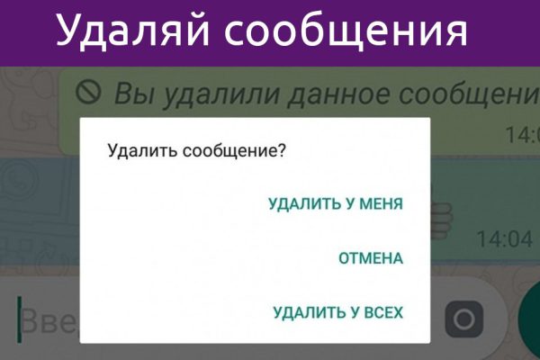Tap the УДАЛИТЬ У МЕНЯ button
click(x=336, y=204)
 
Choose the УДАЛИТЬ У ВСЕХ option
click(x=338, y=313)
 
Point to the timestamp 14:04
click(x=504, y=239)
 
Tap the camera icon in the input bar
click(x=464, y=319)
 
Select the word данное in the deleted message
click(x=335, y=93)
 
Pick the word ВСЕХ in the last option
click(x=381, y=313)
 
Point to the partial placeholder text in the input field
click(x=49, y=320)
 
